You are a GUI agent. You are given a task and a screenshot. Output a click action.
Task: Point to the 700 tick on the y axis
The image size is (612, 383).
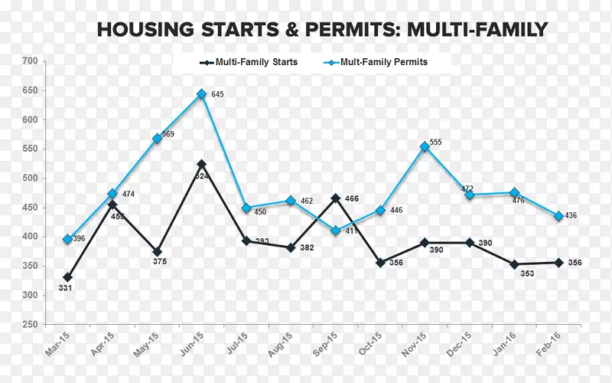point(30,61)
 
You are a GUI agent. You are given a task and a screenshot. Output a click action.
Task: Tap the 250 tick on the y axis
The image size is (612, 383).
point(30,326)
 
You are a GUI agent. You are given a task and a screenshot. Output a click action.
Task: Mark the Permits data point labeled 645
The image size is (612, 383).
point(201,94)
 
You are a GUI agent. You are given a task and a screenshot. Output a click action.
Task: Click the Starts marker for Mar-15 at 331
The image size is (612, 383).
point(68,277)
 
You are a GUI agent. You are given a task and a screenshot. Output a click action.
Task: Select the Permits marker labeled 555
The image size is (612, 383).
point(425,146)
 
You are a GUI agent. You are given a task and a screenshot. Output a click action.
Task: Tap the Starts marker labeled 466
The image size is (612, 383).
point(335,198)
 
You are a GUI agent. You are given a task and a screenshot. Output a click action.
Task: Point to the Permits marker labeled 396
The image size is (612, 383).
point(68,239)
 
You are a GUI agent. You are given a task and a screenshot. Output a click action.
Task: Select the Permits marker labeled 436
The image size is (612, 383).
point(559,216)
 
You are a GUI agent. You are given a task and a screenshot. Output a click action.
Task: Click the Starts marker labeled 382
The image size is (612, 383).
point(291,247)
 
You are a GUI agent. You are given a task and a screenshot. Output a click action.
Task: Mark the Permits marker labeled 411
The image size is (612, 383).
point(335,231)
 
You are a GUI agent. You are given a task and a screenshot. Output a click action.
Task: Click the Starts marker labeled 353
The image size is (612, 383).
point(514,264)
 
